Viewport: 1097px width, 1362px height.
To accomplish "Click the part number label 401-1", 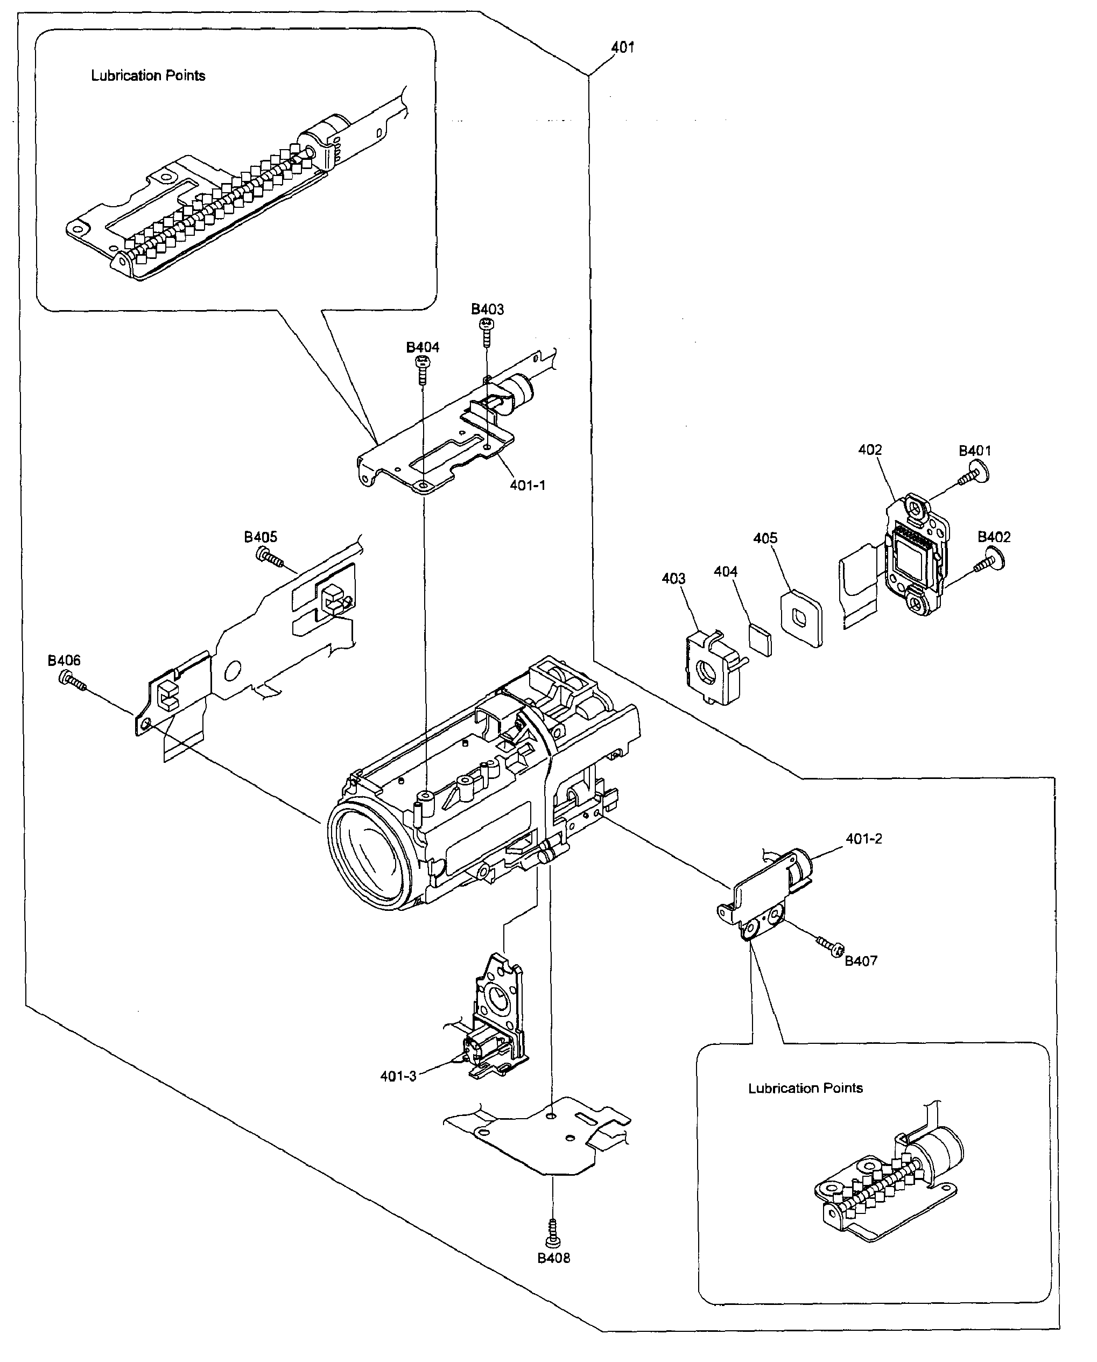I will pos(527,486).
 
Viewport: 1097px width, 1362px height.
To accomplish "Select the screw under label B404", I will pos(422,369).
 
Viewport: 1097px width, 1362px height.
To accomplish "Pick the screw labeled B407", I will pos(832,946).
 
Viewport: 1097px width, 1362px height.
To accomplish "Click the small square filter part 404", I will pos(760,639).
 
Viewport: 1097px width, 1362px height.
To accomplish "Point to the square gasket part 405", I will pos(801,617).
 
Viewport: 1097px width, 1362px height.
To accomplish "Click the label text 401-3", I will pos(398,1076).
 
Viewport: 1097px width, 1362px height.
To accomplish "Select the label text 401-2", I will pos(863,839).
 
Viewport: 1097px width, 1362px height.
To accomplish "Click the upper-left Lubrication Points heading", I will pos(148,76).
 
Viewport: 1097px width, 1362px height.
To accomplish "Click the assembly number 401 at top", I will pos(622,47).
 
